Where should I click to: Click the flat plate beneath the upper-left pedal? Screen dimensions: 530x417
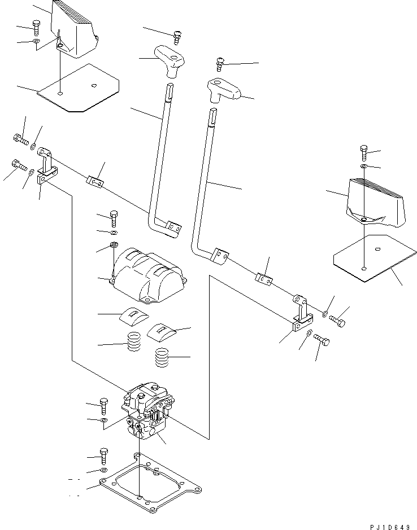click(79, 87)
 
